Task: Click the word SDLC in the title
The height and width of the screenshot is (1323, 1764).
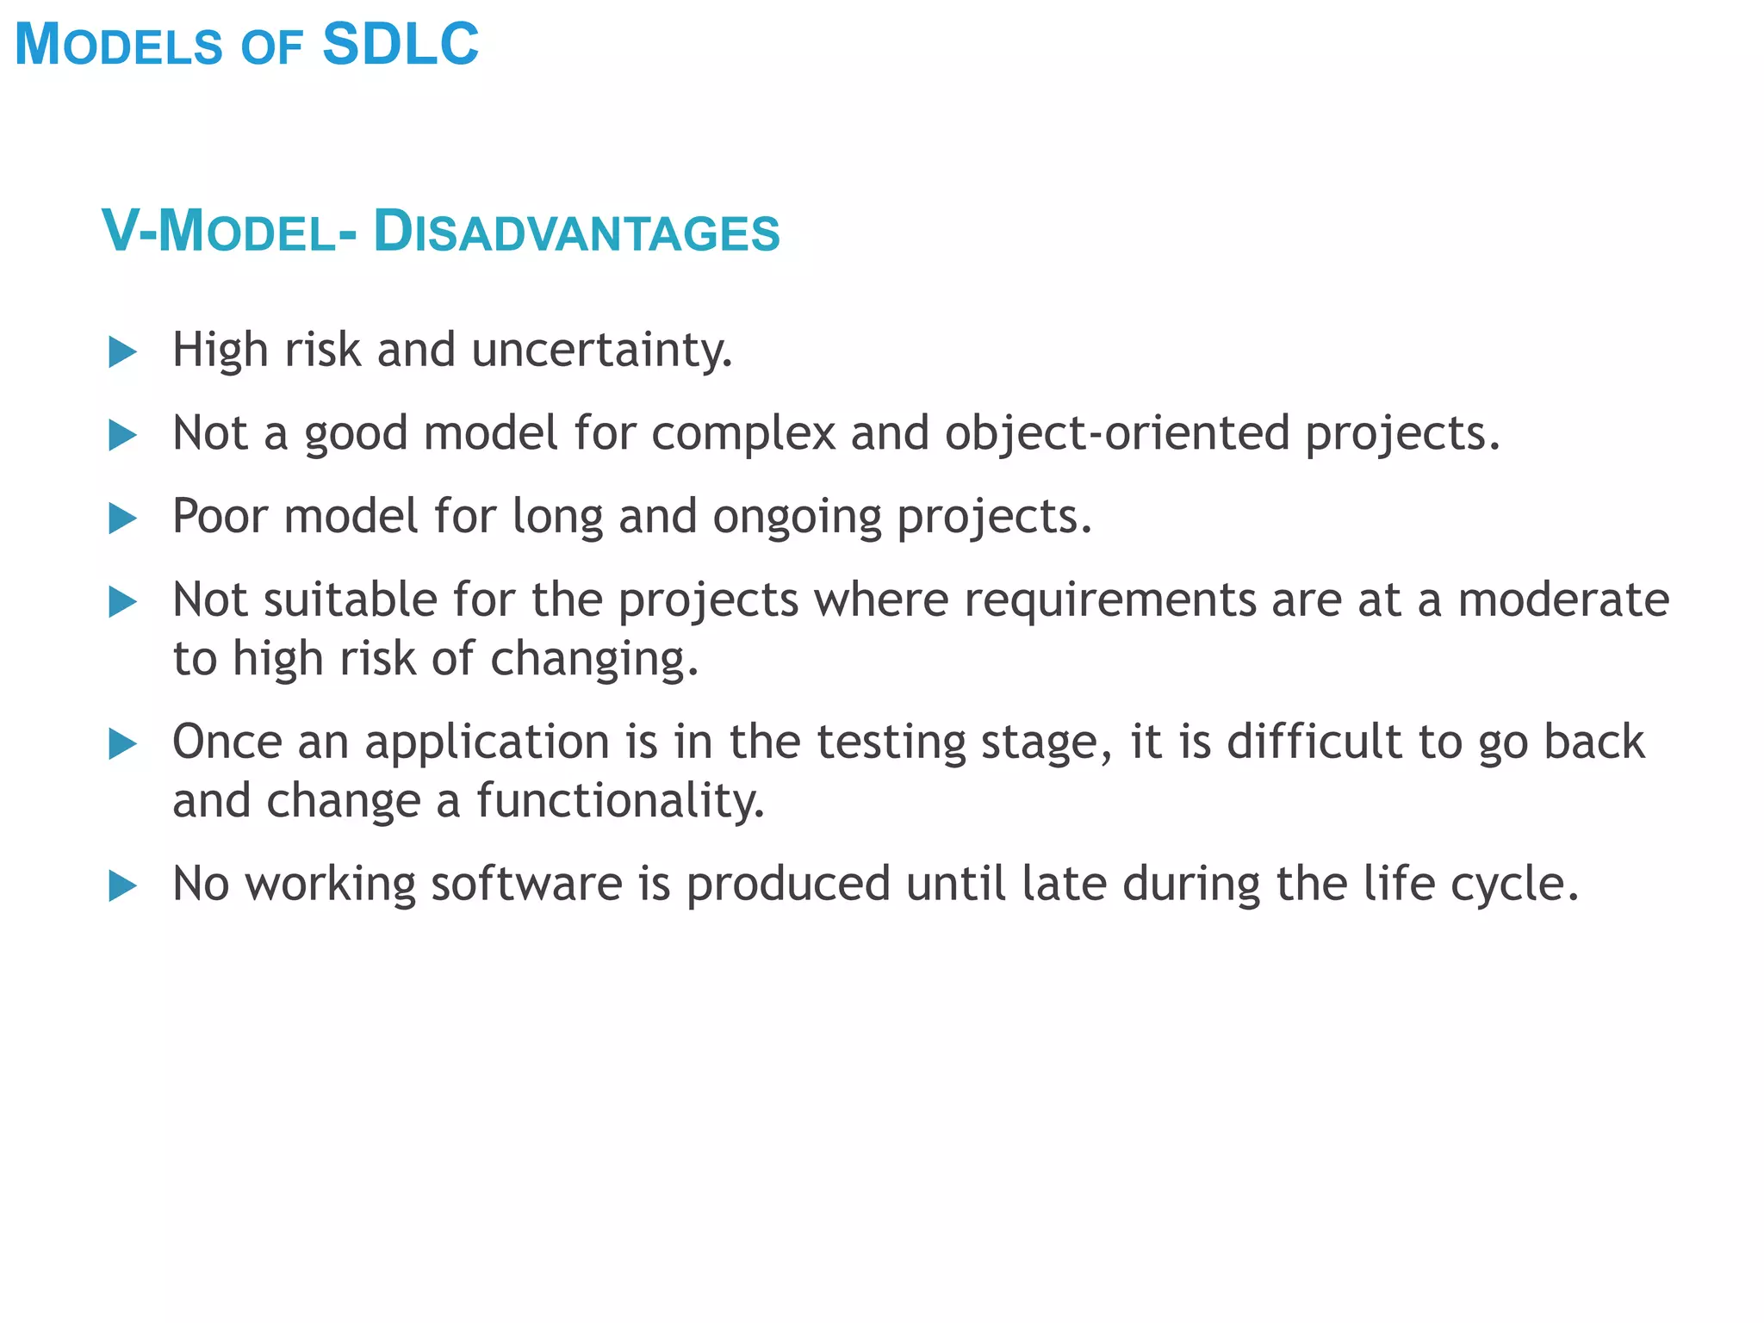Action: tap(401, 45)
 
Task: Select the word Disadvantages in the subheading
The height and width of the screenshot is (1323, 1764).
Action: tap(576, 233)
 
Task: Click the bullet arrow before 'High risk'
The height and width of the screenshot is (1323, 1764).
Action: tap(123, 352)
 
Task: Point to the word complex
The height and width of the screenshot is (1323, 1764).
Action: tap(743, 433)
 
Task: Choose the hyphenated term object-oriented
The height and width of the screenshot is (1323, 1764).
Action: tap(1117, 433)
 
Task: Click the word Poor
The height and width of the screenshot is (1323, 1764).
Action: tap(220, 517)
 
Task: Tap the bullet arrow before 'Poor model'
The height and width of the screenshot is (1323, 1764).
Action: tap(123, 519)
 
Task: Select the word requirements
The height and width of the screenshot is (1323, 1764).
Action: tap(1109, 600)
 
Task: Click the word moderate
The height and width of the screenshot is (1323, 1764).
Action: tap(1563, 600)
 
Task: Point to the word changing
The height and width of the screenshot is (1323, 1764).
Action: tap(594, 660)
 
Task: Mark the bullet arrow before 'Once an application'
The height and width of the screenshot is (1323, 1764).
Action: tap(123, 744)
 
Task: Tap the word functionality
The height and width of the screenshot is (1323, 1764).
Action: tap(620, 801)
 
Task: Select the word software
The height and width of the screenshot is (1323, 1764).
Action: tap(526, 885)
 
